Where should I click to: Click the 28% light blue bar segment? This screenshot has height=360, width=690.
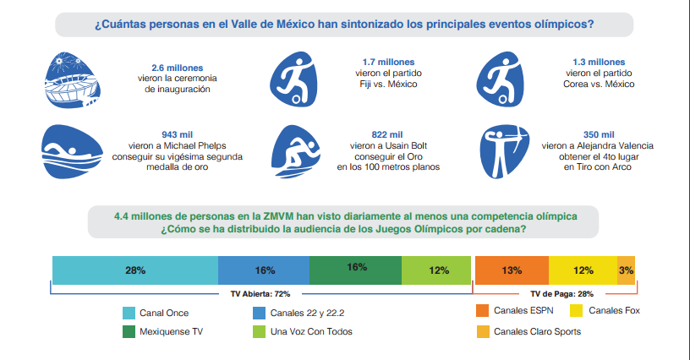click(x=135, y=270)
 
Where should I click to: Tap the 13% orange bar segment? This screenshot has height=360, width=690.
click(x=512, y=270)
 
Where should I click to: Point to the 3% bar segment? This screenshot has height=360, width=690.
click(x=626, y=270)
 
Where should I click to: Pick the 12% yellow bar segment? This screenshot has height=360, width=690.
click(x=583, y=270)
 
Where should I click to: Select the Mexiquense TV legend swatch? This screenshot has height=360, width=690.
click(x=129, y=332)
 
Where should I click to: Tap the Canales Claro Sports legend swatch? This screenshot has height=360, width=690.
click(x=483, y=331)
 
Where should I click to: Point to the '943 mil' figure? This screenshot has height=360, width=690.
click(x=177, y=134)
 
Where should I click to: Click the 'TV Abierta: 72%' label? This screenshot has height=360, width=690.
click(x=260, y=294)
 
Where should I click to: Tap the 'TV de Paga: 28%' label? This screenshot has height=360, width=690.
click(x=557, y=294)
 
